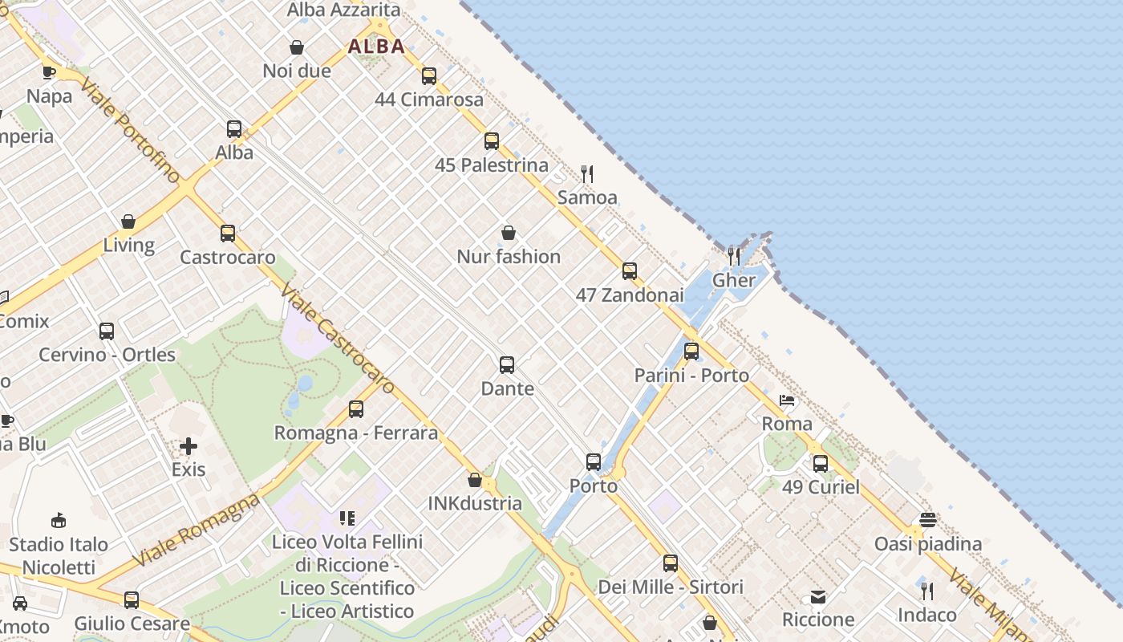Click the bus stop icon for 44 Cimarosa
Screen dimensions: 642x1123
(x=429, y=76)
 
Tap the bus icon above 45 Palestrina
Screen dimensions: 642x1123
(x=492, y=141)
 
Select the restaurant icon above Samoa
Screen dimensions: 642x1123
(x=587, y=173)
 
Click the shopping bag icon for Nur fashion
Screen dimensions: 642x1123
(x=509, y=233)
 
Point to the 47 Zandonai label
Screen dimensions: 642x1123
(x=630, y=295)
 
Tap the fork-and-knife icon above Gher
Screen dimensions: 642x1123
(x=734, y=256)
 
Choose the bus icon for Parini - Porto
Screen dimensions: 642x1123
(x=691, y=351)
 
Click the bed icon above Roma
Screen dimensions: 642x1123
(x=787, y=400)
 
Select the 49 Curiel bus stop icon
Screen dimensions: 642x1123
(x=821, y=463)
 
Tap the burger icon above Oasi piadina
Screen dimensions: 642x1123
(x=928, y=520)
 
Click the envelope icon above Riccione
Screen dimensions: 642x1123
(x=818, y=596)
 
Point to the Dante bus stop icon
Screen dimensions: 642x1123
(x=507, y=365)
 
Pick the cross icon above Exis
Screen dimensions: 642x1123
(x=189, y=445)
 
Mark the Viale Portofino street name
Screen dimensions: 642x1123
(x=129, y=132)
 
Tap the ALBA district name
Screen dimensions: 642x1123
(x=376, y=47)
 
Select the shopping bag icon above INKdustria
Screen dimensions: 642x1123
(x=475, y=480)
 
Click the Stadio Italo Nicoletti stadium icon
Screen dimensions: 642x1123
(x=59, y=520)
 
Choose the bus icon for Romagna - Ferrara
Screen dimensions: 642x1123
(x=356, y=409)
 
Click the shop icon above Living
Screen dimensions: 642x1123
(x=128, y=221)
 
